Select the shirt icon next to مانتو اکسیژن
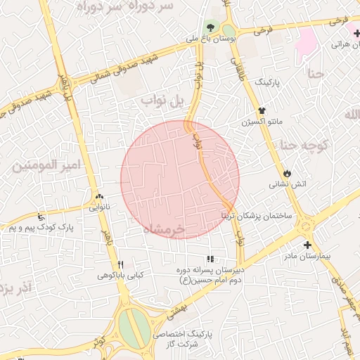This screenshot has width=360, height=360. coord(262,110)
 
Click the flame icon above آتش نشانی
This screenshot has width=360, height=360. coord(287,173)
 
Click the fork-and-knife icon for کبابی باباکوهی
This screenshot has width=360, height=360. coord(120,264)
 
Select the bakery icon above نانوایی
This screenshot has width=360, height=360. coord(98,198)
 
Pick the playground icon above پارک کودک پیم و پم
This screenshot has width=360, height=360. coord(41,217)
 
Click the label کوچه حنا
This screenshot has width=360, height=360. coord(309,145)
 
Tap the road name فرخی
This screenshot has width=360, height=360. coord(262,31)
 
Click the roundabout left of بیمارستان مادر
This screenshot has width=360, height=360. coord(305,225)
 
